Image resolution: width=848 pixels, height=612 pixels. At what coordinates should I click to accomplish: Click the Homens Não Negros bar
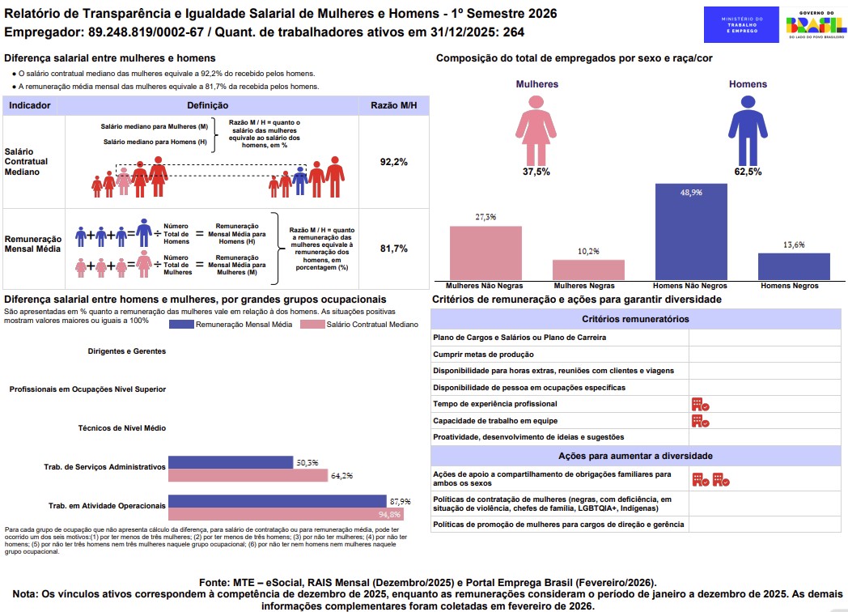click(x=691, y=232)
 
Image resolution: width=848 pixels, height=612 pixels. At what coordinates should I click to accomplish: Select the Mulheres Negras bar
click(x=588, y=270)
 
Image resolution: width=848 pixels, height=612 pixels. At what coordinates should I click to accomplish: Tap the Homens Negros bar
click(x=794, y=266)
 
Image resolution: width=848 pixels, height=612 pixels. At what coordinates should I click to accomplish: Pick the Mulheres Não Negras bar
click(x=485, y=253)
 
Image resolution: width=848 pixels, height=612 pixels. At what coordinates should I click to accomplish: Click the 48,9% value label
click(x=691, y=193)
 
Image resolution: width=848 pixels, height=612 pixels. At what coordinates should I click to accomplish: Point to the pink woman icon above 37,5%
click(x=536, y=128)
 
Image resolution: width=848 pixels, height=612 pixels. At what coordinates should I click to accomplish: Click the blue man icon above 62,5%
click(x=747, y=128)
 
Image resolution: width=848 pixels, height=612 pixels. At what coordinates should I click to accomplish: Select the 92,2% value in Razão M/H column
click(x=393, y=162)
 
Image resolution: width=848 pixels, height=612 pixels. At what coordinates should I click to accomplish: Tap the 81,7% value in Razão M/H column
click(x=393, y=249)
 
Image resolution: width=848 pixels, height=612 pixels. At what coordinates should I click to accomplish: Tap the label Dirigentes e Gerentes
click(x=127, y=351)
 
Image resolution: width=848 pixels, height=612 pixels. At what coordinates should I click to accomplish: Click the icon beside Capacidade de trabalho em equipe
click(x=700, y=421)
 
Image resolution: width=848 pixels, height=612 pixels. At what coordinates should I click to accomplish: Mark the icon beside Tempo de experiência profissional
click(x=700, y=404)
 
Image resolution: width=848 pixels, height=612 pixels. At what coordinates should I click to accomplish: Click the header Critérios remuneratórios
click(x=638, y=320)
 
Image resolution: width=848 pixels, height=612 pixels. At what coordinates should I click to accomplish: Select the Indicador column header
click(x=30, y=105)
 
